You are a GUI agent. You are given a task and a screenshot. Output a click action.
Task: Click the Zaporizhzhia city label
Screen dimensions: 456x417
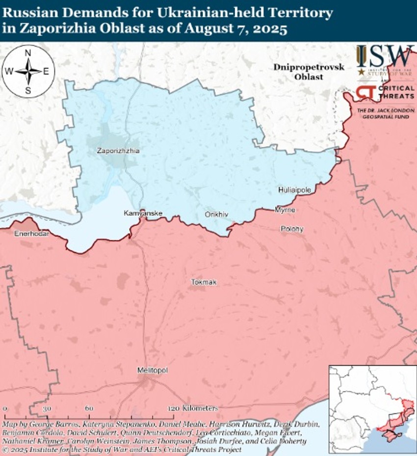coord(118,151)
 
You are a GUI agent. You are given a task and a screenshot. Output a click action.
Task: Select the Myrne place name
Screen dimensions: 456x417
coord(285,210)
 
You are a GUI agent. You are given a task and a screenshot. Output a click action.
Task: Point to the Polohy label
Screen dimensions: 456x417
coord(292,229)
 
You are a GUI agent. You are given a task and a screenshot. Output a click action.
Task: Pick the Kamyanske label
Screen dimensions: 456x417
coord(143,214)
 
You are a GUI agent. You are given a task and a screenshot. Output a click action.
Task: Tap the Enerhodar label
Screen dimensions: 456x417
coord(31,234)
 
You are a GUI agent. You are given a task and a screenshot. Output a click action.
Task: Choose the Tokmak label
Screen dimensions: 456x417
coord(204,282)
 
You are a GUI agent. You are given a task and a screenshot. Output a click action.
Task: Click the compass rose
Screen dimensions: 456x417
coord(27,71)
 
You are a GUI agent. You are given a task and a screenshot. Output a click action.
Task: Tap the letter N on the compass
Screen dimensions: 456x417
coord(28,53)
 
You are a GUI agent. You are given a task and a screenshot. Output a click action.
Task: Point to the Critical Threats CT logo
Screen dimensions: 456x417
coord(366,93)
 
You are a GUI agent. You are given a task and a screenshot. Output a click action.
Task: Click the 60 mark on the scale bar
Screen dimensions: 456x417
coord(89,408)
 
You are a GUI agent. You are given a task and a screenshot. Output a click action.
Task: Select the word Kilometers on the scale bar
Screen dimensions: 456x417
coord(200,408)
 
